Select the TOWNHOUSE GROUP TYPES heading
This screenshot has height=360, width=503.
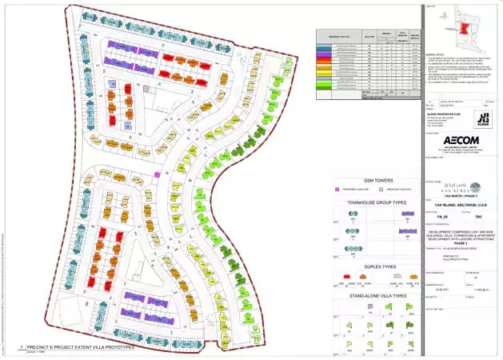(x=377, y=202)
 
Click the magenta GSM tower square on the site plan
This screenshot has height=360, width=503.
(x=157, y=174)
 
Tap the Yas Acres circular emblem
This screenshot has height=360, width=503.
(x=475, y=188)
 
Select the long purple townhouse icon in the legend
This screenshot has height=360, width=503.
(x=409, y=229)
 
